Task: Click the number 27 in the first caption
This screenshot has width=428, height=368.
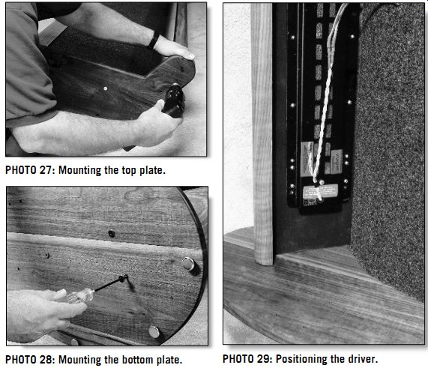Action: click(45, 170)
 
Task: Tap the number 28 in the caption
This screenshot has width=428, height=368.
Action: click(45, 360)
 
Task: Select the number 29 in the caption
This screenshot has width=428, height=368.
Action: click(263, 359)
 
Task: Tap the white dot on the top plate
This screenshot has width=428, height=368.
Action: click(106, 88)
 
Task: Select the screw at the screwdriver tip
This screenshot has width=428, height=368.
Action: click(124, 278)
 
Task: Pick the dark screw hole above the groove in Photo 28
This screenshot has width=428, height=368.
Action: click(112, 233)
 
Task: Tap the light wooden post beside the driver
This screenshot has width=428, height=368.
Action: click(262, 133)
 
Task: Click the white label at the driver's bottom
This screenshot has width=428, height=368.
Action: click(320, 192)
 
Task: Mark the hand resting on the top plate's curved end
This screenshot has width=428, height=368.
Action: click(174, 49)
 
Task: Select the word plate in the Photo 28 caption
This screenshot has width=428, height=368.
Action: click(169, 360)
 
